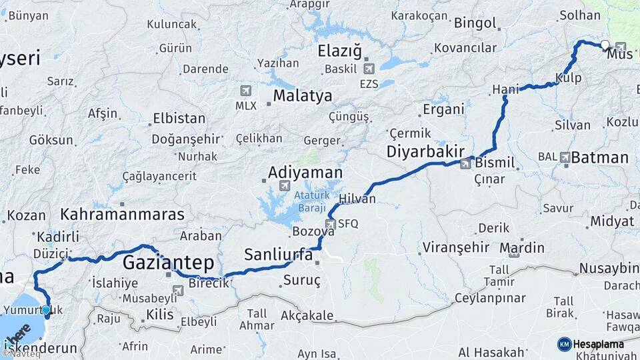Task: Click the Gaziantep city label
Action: click(x=167, y=261)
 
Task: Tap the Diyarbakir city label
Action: click(x=424, y=152)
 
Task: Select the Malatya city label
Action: click(x=301, y=95)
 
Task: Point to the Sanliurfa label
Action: click(x=278, y=254)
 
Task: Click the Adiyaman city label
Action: click(x=305, y=173)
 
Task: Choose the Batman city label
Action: click(x=600, y=157)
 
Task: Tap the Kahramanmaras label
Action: click(x=122, y=215)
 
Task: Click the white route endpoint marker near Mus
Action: click(x=605, y=45)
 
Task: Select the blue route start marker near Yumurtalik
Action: click(x=45, y=309)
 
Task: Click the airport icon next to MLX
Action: click(x=246, y=91)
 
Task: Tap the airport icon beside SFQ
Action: click(x=330, y=225)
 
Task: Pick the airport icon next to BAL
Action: click(x=565, y=157)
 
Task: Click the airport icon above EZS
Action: click(x=369, y=68)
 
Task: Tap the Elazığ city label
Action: click(x=339, y=51)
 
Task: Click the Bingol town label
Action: click(x=475, y=23)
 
